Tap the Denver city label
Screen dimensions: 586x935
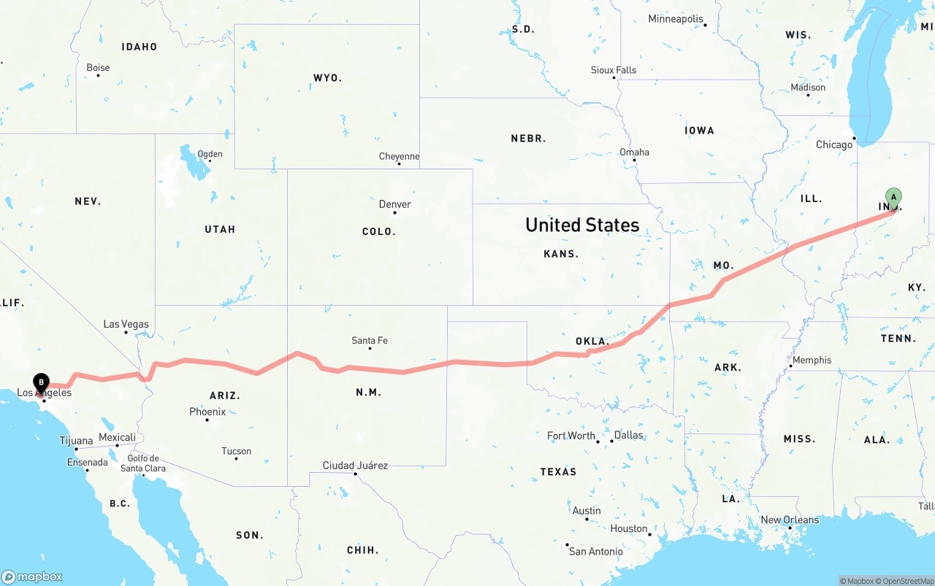pos(394,204)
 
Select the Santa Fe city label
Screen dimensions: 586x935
pos(370,340)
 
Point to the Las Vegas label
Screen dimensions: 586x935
pos(126,324)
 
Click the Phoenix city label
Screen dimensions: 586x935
pos(207,412)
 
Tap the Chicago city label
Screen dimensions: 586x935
pos(833,144)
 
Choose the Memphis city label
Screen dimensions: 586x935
pos(812,360)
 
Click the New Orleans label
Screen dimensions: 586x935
pos(790,520)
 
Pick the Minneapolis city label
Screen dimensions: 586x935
pos(676,19)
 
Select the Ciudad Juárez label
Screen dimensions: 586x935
pos(355,465)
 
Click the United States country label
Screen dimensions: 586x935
pos(582,225)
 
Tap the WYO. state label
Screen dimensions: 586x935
pos(327,77)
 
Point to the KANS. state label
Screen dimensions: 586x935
pos(561,254)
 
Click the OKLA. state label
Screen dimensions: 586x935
pos(592,341)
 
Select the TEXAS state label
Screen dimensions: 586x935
pos(558,471)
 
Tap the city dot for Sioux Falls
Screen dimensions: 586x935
pos(614,78)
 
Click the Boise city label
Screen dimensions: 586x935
pos(98,68)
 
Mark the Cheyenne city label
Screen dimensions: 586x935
pos(399,156)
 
